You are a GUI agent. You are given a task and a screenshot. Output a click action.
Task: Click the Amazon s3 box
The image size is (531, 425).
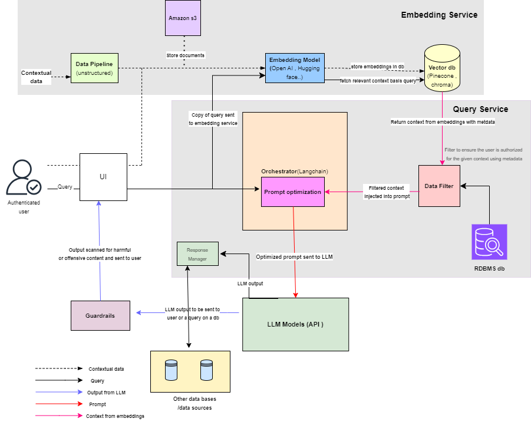[x=183, y=18]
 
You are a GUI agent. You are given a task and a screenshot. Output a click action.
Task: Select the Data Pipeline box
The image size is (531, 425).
[x=94, y=68]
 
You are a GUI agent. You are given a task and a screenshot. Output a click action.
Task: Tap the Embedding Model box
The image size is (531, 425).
[x=295, y=68]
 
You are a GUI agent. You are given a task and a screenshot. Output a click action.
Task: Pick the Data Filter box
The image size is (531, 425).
[x=439, y=186]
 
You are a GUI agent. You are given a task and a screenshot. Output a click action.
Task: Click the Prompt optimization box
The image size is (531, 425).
[x=293, y=192]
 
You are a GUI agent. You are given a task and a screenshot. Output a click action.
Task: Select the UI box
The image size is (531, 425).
[x=103, y=177]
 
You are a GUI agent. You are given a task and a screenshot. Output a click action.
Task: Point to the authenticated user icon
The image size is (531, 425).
[x=23, y=179]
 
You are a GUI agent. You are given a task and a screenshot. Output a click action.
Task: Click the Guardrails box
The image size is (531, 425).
[x=100, y=315]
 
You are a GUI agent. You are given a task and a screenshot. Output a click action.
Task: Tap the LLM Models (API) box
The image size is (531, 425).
[x=295, y=324]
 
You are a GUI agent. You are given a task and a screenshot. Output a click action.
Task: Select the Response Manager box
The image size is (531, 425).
[x=197, y=253]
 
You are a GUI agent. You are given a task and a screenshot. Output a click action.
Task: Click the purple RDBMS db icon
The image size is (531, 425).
[x=489, y=242]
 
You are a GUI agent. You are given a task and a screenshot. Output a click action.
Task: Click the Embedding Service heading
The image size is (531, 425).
[x=439, y=15]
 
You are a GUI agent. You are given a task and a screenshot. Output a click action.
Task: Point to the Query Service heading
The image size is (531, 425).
[x=480, y=109]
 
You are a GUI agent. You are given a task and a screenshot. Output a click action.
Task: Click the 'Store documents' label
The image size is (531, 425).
[x=185, y=55]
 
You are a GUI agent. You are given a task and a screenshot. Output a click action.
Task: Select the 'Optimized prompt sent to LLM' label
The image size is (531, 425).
[x=295, y=257]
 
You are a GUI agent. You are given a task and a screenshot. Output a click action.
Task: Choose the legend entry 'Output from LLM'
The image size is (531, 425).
[x=107, y=393]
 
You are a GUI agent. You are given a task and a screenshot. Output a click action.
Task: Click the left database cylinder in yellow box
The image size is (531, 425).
[x=171, y=370]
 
